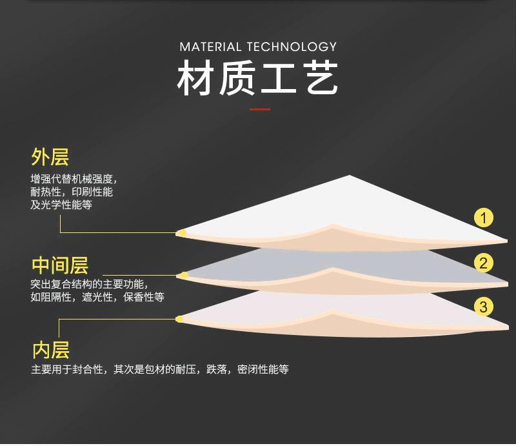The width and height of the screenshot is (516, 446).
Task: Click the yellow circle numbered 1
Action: (483, 218)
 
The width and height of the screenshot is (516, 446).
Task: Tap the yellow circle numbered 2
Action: (483, 263)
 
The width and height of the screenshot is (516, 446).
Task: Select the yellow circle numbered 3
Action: (483, 307)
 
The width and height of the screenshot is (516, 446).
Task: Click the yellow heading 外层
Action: (50, 157)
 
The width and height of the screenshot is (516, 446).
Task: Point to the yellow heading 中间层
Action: (60, 265)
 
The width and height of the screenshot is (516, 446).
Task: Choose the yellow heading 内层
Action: (51, 350)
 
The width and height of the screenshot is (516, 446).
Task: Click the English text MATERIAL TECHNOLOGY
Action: (259, 46)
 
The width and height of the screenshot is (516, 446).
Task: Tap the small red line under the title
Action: (260, 109)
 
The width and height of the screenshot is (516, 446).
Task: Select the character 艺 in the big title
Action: (321, 78)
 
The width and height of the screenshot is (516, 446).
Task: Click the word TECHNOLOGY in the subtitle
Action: (292, 46)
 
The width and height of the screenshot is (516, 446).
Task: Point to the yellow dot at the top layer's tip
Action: (181, 233)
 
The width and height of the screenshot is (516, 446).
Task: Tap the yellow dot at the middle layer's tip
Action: (183, 276)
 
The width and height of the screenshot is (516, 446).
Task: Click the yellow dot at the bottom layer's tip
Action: (180, 319)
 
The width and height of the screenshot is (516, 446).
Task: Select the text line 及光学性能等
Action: (61, 205)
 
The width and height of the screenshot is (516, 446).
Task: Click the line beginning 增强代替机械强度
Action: (74, 179)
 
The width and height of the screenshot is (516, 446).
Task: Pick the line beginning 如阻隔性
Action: (97, 297)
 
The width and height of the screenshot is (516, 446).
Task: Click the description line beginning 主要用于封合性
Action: (160, 369)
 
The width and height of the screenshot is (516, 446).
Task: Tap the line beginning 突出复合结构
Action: (90, 284)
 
